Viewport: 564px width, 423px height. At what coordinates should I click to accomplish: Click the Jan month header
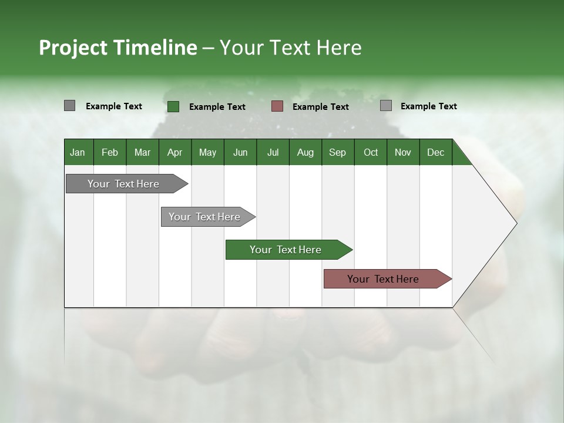coord(78,152)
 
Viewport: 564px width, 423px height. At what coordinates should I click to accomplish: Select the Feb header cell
coord(110,152)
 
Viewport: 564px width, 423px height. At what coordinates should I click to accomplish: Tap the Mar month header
coord(142,152)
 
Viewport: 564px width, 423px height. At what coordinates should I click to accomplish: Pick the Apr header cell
coord(175,152)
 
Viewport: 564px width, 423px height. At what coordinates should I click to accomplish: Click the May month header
coord(207,152)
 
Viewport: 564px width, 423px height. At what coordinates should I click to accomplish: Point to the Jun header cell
coord(240,152)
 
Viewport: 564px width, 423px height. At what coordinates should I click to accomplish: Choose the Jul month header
coord(273,152)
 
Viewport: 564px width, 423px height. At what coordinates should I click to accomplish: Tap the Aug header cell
coord(305,152)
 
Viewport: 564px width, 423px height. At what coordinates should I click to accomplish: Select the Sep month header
coord(338,152)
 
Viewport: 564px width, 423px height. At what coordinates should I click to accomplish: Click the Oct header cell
coord(371,152)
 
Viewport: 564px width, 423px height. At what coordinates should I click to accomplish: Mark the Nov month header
coord(403,152)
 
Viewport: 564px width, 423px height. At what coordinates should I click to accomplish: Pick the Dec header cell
coord(436,152)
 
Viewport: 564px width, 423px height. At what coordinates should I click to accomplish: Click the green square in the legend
coord(173,106)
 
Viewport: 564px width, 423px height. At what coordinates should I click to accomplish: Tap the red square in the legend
coord(277,106)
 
